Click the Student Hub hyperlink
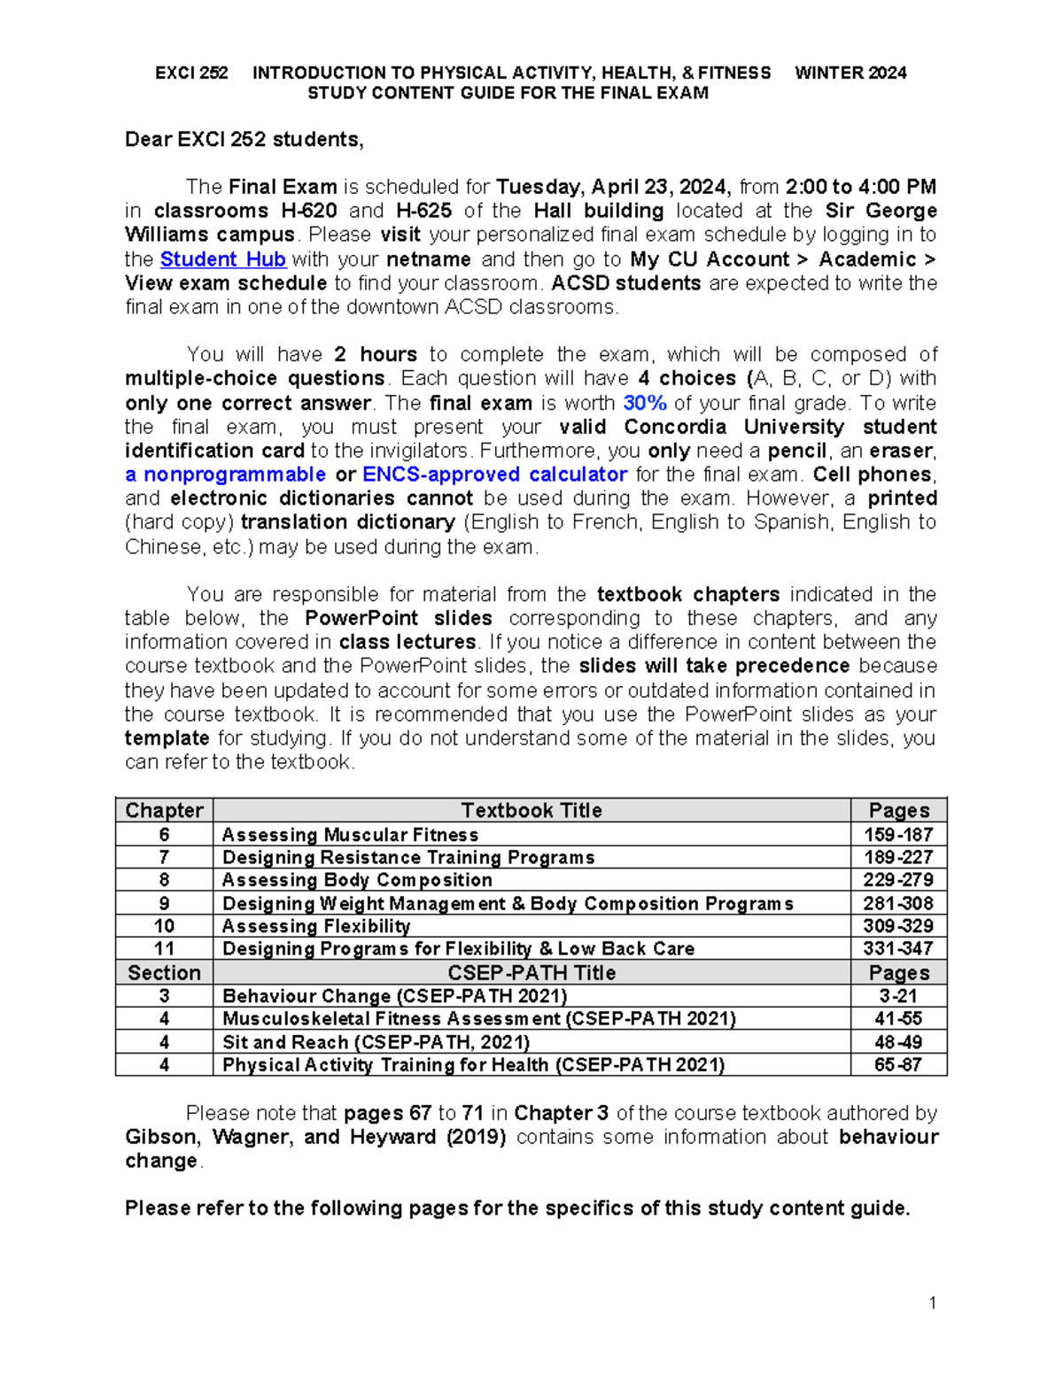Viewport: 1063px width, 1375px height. (x=222, y=259)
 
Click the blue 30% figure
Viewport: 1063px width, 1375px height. (x=644, y=403)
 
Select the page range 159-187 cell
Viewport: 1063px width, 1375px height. (x=898, y=834)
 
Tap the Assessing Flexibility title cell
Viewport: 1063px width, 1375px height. (x=316, y=926)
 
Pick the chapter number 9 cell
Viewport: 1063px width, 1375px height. (x=164, y=903)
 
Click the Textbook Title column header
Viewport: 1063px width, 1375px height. (x=531, y=810)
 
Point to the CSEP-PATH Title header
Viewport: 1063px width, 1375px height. (x=531, y=972)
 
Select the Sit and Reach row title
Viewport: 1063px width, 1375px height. (x=376, y=1042)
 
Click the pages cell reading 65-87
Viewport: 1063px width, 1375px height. (x=898, y=1064)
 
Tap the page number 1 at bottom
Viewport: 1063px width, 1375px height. (x=933, y=1302)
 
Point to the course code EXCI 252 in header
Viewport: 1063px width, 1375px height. (x=191, y=73)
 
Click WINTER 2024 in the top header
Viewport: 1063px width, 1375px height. (x=850, y=73)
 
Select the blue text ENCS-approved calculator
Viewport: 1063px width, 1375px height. (x=494, y=475)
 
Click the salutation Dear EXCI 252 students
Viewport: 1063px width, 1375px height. (x=244, y=140)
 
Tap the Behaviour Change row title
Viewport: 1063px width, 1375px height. (x=394, y=996)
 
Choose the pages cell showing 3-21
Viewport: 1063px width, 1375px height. (x=898, y=996)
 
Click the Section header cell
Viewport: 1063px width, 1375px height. (x=164, y=972)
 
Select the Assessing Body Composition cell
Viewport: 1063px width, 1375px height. (x=357, y=880)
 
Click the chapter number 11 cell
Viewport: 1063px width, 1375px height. (x=164, y=948)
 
